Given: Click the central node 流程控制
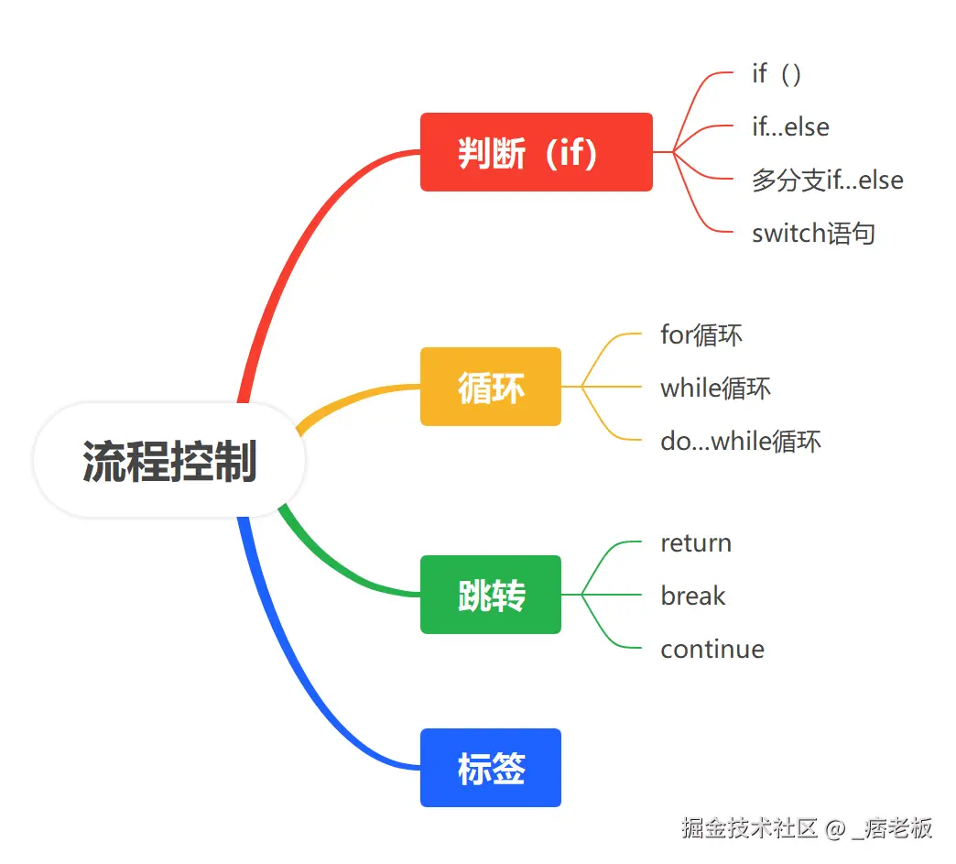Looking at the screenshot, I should click(169, 461).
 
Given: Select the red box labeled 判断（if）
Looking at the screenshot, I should click(536, 152).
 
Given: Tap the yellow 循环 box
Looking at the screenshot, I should click(491, 387).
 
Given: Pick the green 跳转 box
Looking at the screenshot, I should click(491, 595).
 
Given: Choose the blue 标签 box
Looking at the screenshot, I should click(491, 768).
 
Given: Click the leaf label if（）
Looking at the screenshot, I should click(777, 73).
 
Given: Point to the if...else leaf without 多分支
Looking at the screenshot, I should click(790, 126).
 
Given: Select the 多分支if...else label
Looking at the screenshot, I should click(827, 180).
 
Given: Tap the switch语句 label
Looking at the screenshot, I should click(813, 233).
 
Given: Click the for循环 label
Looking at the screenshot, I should click(701, 334).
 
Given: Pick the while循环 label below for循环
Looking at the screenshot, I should click(715, 388).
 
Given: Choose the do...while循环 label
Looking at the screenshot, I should click(741, 441).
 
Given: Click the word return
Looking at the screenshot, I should click(696, 542).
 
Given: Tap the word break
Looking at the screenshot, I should click(692, 596).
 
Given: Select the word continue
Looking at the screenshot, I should click(712, 649).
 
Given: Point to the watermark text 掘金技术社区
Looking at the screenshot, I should click(749, 828).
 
